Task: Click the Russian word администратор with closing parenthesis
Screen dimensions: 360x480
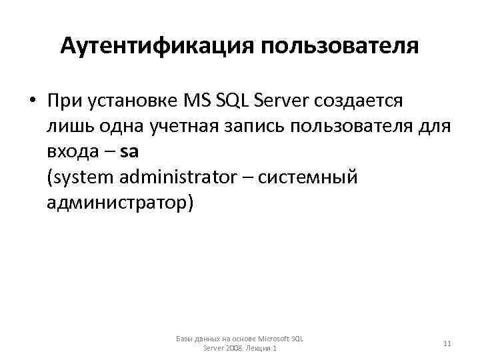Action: point(120,202)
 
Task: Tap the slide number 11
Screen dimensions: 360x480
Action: point(447,343)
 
